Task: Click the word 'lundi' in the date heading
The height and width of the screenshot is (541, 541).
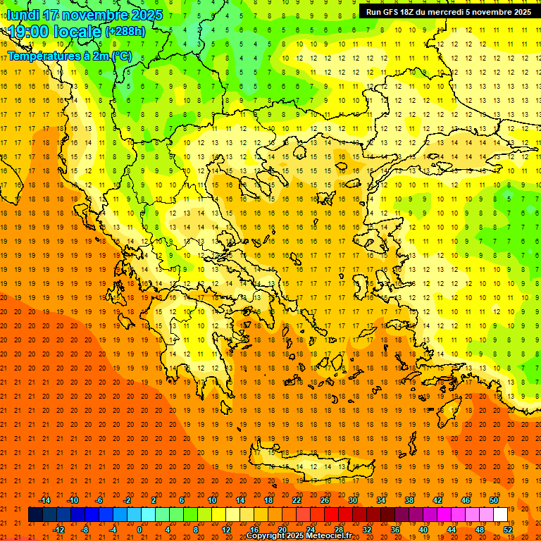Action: pyautogui.click(x=23, y=15)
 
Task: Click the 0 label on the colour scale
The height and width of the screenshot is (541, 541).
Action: pyautogui.click(x=139, y=530)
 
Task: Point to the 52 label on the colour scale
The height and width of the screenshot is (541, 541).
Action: pyautogui.click(x=508, y=530)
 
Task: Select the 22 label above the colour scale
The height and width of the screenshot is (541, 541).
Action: pyautogui.click(x=297, y=500)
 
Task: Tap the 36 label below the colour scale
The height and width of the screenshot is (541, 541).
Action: pyautogui.click(x=395, y=530)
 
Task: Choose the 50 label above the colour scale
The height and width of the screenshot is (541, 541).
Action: pyautogui.click(x=494, y=500)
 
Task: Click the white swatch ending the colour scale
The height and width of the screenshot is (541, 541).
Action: pyautogui.click(x=501, y=515)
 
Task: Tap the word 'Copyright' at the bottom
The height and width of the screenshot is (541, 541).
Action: pyautogui.click(x=267, y=536)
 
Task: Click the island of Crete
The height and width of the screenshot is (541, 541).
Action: pyautogui.click(x=310, y=465)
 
